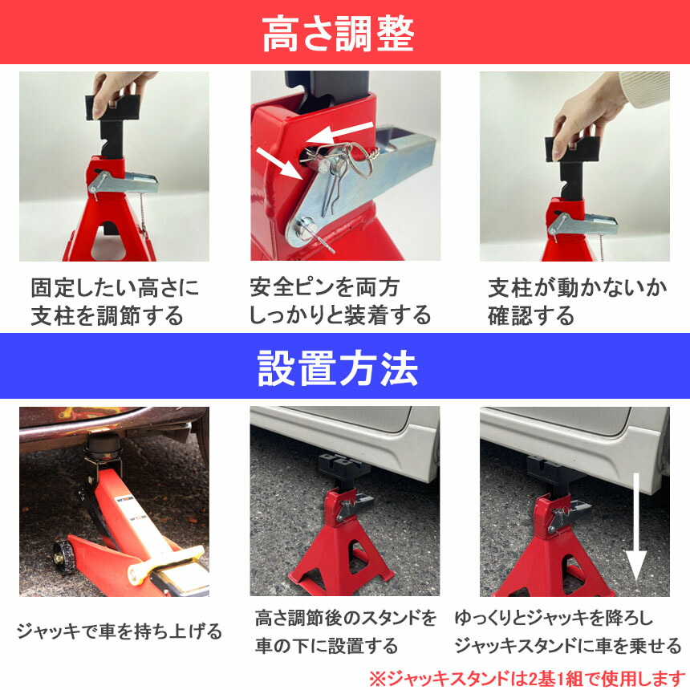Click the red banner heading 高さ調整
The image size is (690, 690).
pyautogui.click(x=338, y=34)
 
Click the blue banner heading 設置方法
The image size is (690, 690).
pyautogui.click(x=338, y=368)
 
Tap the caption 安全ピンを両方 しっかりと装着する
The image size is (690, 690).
pyautogui.click(x=339, y=302)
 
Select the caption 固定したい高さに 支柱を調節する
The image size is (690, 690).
pyautogui.click(x=115, y=302)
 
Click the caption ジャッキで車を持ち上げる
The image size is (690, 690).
pyautogui.click(x=120, y=631)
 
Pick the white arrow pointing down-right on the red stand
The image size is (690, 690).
pyautogui.click(x=279, y=163)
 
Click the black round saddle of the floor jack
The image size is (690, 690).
pyautogui.click(x=103, y=445)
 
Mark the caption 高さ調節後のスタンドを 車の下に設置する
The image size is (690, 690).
pyautogui.click(x=346, y=631)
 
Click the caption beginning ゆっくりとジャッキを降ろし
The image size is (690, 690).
pyautogui.click(x=568, y=631)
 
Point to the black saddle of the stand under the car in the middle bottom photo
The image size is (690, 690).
pyautogui.click(x=344, y=466)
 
